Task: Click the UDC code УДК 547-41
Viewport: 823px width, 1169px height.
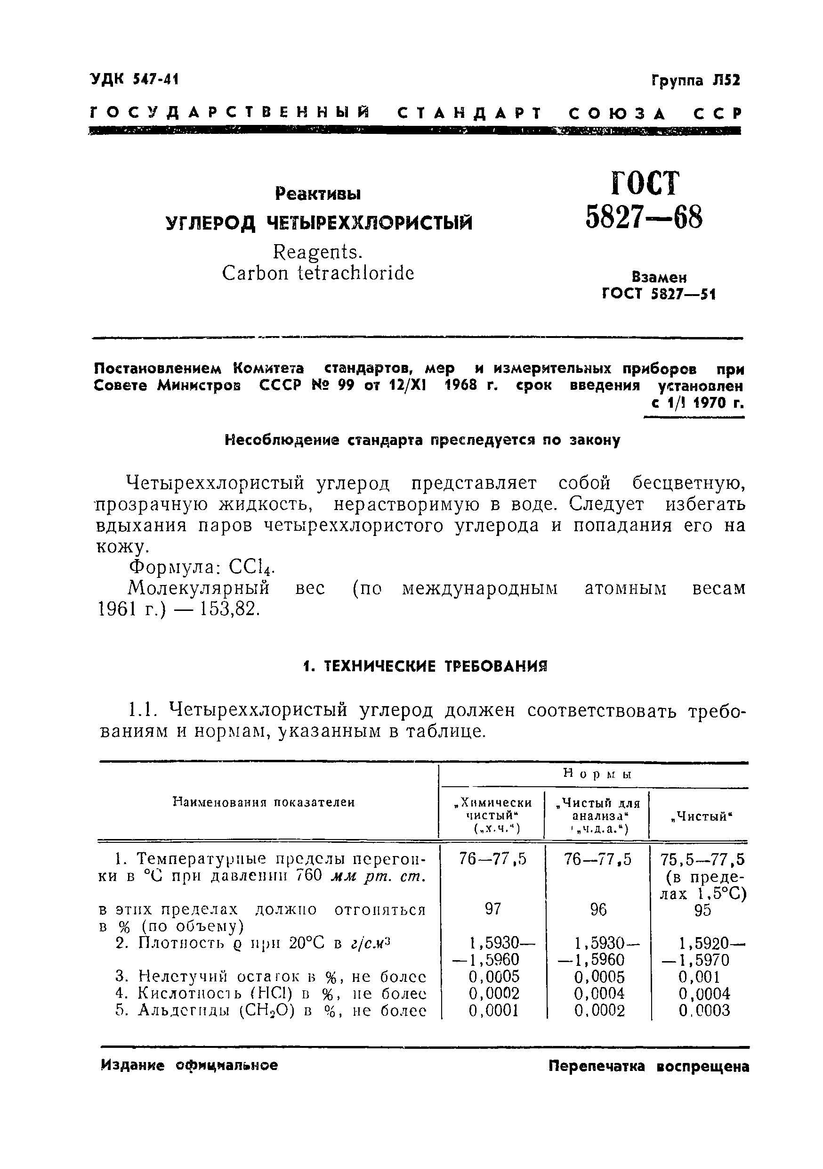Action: tap(134, 79)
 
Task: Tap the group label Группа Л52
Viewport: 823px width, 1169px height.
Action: tap(695, 81)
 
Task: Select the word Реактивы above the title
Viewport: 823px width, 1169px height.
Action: tap(317, 193)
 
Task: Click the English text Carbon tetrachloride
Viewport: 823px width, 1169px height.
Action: tap(318, 273)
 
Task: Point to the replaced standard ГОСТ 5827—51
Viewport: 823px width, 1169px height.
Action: tap(658, 294)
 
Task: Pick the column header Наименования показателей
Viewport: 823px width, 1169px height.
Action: tap(264, 802)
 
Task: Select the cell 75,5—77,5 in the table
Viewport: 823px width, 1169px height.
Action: tap(702, 860)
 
